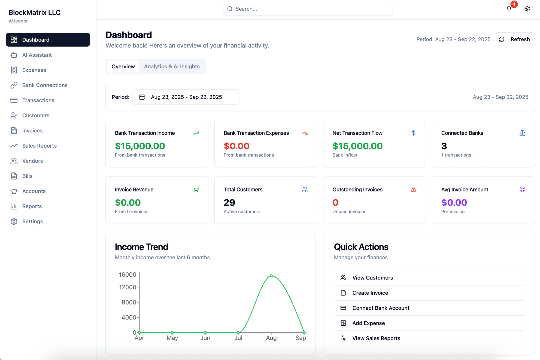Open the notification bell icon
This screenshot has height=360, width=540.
[509, 9]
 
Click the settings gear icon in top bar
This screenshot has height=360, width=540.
[527, 9]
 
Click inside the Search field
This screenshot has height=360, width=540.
[308, 9]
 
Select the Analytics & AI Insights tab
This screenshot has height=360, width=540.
[172, 67]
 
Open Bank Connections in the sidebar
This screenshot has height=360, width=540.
[45, 85]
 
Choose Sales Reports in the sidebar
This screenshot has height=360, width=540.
[39, 146]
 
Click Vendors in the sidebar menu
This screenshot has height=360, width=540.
[33, 161]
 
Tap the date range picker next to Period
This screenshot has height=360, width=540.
[185, 97]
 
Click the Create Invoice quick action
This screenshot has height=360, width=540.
[370, 293]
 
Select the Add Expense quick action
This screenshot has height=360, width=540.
[368, 323]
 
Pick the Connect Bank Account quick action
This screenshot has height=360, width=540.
[381, 308]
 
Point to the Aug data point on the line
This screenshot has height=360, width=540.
[271, 276]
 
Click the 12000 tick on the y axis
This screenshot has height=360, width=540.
[127, 287]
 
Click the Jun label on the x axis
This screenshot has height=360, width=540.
[205, 338]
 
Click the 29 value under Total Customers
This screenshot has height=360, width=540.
[229, 202]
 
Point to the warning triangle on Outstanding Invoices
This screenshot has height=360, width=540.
[413, 190]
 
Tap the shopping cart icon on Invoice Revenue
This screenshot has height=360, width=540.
[196, 190]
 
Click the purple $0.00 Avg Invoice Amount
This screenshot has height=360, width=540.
[454, 202]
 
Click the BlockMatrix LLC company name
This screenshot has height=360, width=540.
[35, 12]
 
